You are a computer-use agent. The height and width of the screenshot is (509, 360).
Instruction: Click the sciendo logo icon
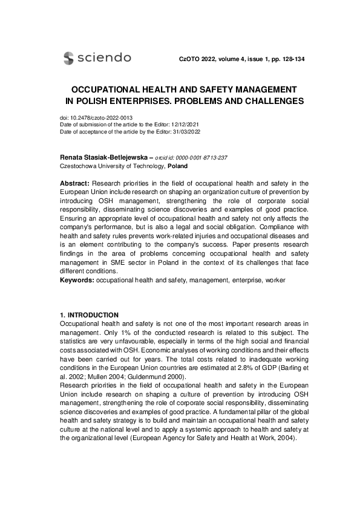tap(69, 58)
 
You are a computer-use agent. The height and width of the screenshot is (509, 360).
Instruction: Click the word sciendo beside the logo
tap(105, 58)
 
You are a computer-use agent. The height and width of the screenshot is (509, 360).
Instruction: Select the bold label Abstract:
tap(76, 183)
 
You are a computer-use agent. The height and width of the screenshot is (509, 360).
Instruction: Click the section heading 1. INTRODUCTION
tap(89, 316)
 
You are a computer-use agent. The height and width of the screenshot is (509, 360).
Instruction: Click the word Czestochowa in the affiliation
tap(79, 166)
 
